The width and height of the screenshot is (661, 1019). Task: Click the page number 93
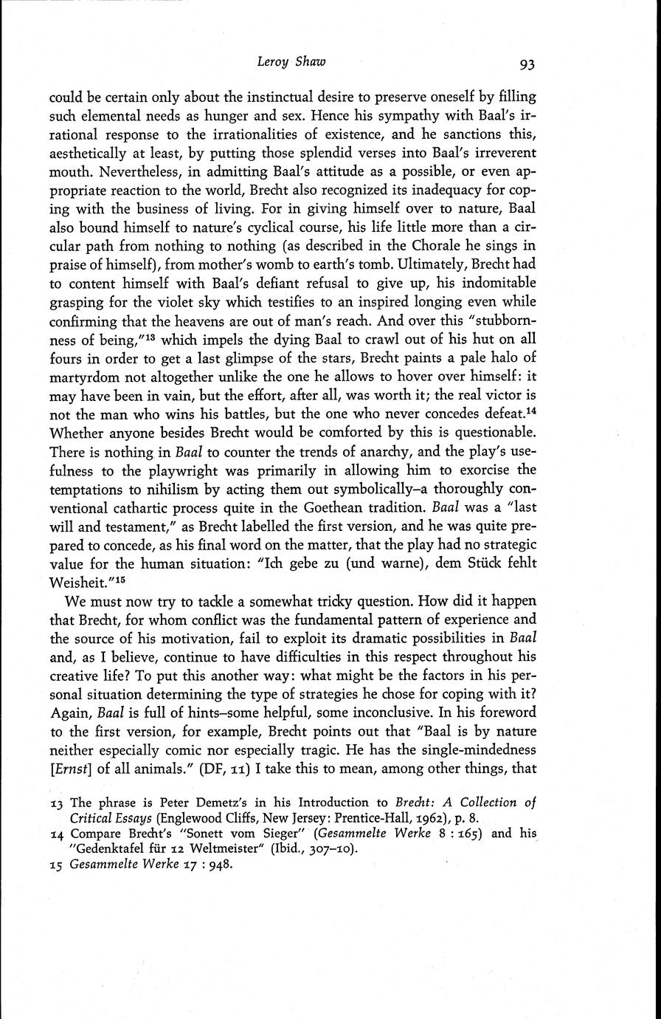point(526,64)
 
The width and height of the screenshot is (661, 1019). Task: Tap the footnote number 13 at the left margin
point(56,803)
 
